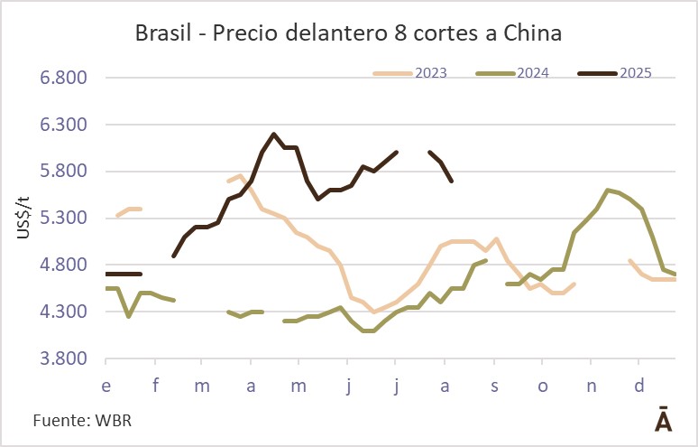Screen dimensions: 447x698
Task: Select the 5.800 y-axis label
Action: (x=63, y=172)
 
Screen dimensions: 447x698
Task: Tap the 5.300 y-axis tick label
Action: (x=63, y=219)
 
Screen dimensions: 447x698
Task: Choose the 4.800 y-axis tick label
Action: (x=63, y=265)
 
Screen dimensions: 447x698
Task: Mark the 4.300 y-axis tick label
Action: (x=63, y=312)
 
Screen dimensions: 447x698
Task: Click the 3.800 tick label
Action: (x=63, y=359)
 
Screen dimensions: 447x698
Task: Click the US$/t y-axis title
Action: (x=23, y=219)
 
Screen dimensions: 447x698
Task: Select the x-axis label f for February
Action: (x=155, y=386)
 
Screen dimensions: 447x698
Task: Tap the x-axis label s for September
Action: (x=494, y=386)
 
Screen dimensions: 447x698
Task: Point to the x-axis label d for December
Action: (x=639, y=386)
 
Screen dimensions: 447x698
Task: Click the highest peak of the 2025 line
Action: (x=273, y=134)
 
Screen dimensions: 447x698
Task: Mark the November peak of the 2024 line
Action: (x=608, y=190)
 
